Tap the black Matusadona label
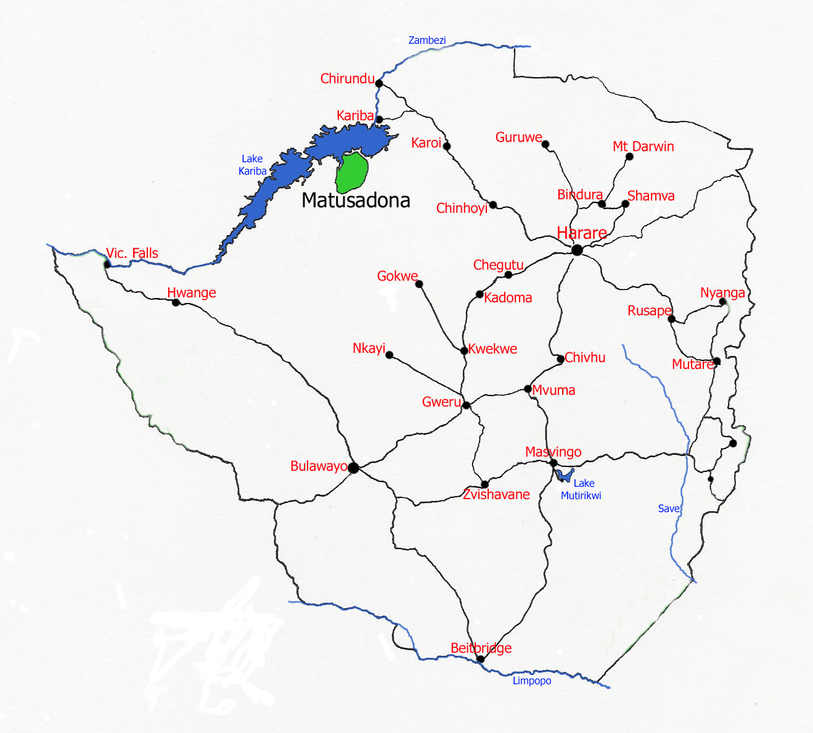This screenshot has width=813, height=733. tap(356, 201)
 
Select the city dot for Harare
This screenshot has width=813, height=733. tap(577, 250)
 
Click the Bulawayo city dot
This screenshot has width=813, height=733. tap(353, 468)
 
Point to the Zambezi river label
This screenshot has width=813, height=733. tap(427, 40)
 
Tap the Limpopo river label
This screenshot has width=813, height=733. tap(531, 681)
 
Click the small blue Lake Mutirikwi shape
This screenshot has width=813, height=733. tap(563, 475)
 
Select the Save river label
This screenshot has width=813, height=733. tap(669, 508)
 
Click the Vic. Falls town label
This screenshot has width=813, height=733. tap(132, 253)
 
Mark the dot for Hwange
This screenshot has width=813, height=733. tap(176, 302)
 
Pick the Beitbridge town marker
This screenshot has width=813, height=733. tap(481, 659)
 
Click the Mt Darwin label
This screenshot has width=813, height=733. tap(643, 146)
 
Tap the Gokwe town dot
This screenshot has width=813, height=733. tap(419, 284)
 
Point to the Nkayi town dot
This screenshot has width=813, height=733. tap(389, 355)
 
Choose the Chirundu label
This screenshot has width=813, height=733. tap(347, 78)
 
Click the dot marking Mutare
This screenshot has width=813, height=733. tap(716, 361)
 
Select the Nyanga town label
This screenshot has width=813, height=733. tap(722, 292)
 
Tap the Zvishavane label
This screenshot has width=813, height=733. tap(496, 494)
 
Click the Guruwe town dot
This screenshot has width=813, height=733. tap(545, 144)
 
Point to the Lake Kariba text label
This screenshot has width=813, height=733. tap(252, 165)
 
